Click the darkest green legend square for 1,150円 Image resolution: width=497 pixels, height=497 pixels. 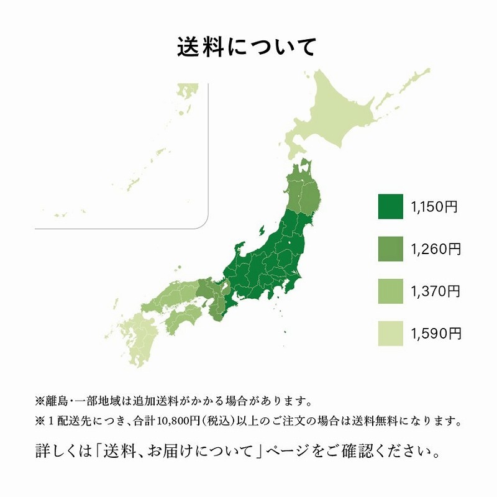pos(390,207)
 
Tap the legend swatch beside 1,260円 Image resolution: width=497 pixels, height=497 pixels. pos(390,249)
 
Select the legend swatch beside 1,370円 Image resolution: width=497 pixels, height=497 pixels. pos(390,291)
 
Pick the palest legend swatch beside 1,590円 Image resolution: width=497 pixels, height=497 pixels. pos(390,334)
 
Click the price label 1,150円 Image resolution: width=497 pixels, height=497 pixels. pos(434,207)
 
